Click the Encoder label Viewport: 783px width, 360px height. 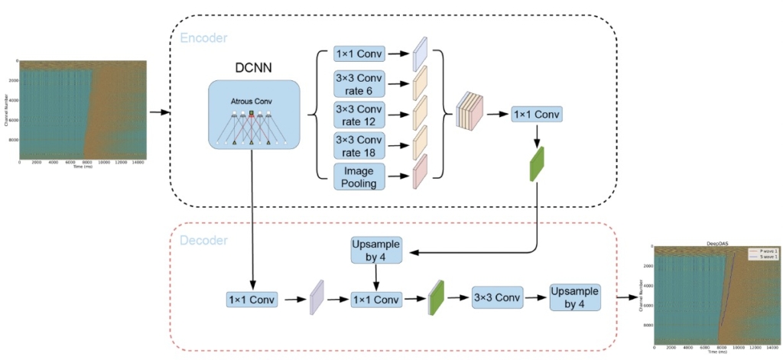[x=203, y=37]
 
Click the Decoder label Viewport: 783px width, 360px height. [x=203, y=241]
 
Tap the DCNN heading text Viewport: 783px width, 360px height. [x=253, y=68]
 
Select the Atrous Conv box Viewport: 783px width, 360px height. [x=253, y=114]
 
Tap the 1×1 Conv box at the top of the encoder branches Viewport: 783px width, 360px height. [x=359, y=55]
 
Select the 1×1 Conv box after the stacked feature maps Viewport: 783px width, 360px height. [x=537, y=115]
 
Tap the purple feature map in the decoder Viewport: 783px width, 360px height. [x=317, y=298]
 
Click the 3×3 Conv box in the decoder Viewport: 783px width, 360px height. [x=497, y=298]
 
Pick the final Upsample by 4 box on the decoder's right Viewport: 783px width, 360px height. [x=574, y=298]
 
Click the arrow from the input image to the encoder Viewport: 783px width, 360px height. [x=158, y=113]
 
